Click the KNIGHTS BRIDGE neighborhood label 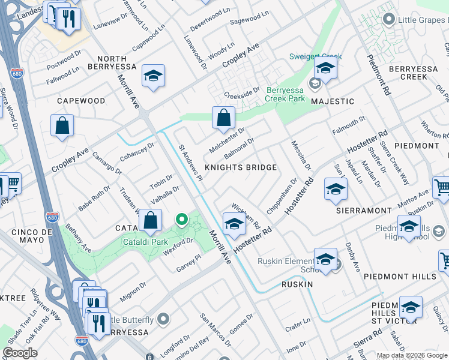(x=241, y=167)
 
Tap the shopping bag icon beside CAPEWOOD (x=62, y=126)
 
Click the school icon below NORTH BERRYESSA (x=153, y=76)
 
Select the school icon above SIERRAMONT (x=336, y=190)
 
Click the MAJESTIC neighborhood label (x=333, y=101)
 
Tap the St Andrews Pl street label (x=191, y=161)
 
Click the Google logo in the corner (x=20, y=353)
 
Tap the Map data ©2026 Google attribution (x=412, y=355)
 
